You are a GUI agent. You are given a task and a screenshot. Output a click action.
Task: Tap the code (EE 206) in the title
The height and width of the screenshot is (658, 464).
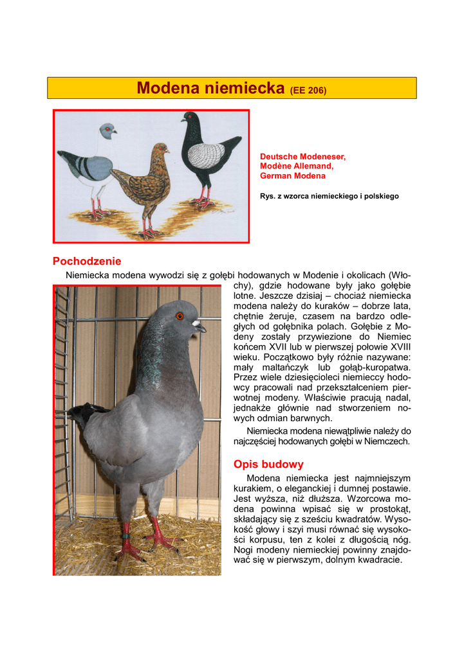[308, 90]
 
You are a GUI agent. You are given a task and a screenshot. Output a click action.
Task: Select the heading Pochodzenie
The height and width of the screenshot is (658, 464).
[86, 262]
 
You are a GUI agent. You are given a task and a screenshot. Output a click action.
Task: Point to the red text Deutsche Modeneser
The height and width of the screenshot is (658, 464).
[302, 156]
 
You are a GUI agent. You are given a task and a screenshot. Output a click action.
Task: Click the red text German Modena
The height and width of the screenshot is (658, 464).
[292, 175]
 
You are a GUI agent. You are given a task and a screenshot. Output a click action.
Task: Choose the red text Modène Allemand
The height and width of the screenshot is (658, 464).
[296, 166]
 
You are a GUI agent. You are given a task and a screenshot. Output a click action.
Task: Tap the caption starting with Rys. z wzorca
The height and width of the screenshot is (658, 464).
[329, 196]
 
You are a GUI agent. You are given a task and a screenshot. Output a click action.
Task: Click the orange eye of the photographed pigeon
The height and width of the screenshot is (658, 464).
[180, 316]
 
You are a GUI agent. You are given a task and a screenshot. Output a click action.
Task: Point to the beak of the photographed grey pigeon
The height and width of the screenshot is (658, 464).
[200, 326]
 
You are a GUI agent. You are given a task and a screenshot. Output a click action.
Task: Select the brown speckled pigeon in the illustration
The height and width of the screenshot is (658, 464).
[145, 183]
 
